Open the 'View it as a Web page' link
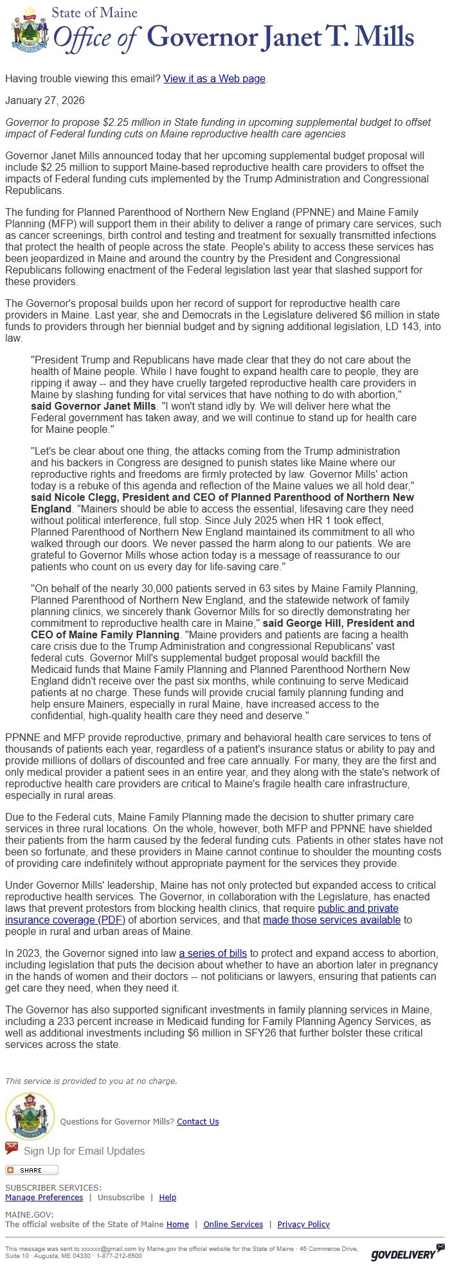click(214, 78)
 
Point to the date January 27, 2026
click(45, 100)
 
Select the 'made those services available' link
click(332, 920)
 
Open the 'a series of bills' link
click(213, 953)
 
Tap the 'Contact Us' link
click(198, 1121)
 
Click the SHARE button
click(32, 1170)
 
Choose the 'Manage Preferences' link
click(44, 1197)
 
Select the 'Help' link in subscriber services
click(168, 1197)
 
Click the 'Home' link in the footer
click(177, 1224)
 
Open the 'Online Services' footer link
click(233, 1224)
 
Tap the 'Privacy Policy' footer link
click(303, 1224)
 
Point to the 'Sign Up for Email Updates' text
click(84, 1151)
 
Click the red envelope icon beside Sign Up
click(12, 1148)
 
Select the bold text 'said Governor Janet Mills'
click(93, 406)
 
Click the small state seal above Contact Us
click(30, 1116)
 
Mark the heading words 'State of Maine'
click(94, 12)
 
